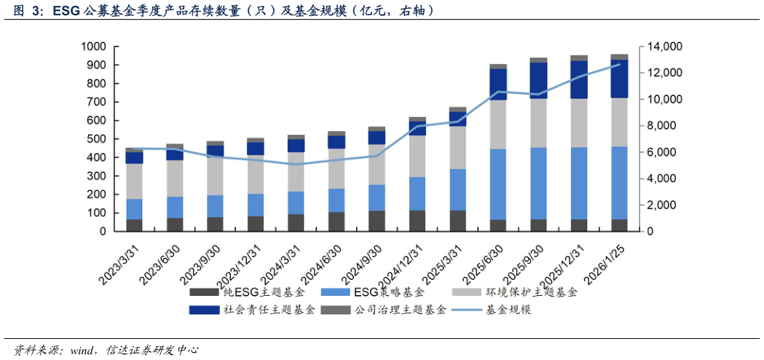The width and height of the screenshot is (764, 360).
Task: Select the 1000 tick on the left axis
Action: click(x=94, y=47)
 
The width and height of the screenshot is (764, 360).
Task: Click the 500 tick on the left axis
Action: click(x=97, y=139)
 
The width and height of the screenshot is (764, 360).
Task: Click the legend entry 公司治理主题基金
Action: click(x=401, y=310)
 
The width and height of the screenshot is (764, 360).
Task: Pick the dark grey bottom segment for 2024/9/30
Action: click(x=377, y=221)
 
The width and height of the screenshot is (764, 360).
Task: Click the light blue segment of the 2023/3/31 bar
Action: click(x=134, y=209)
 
